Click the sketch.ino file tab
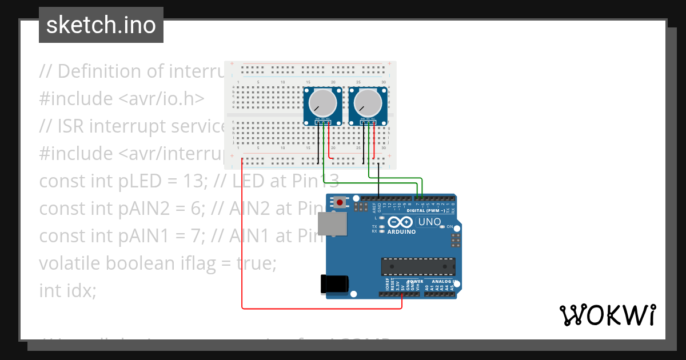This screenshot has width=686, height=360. (x=101, y=25)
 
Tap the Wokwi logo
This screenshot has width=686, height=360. (x=607, y=315)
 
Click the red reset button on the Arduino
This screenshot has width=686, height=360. (x=341, y=202)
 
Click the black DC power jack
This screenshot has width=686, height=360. (x=334, y=284)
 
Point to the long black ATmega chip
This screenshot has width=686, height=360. (x=418, y=266)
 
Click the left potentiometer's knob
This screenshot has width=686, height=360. (x=322, y=103)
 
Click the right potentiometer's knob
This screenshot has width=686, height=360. (x=368, y=103)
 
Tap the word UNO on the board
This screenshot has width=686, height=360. (x=429, y=222)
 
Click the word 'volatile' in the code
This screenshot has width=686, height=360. (x=71, y=263)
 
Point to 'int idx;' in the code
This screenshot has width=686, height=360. (x=67, y=290)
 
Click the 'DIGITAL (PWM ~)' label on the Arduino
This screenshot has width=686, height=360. (x=425, y=210)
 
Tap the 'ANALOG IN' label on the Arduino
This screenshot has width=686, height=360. (x=443, y=282)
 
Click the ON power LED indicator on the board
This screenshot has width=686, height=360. (x=442, y=227)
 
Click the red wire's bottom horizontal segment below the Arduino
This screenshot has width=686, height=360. (x=320, y=309)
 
